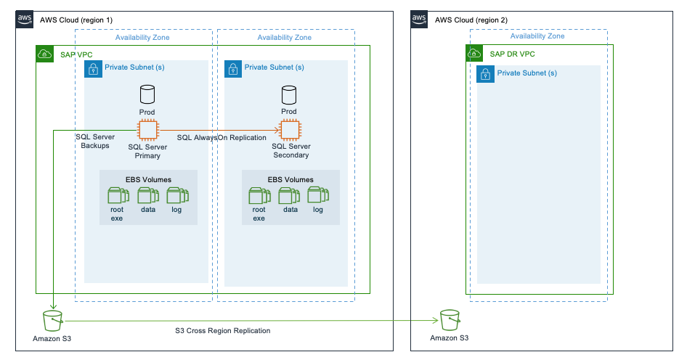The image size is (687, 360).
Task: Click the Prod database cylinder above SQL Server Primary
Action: coord(147,94)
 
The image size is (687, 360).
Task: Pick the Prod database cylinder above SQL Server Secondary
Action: coord(289,94)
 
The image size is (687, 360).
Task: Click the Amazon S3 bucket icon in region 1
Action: coord(52,320)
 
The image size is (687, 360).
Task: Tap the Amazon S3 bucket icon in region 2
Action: coord(449,320)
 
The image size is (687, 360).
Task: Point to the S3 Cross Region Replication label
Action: coord(223,331)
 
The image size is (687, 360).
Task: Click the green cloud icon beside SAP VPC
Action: coord(45,54)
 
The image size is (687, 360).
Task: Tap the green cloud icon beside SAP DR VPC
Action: coord(475,54)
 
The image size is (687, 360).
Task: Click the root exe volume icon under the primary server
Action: coord(117,195)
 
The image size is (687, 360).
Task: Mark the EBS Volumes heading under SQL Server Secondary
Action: coord(290,179)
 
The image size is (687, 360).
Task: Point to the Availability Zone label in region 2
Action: coord(537,36)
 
